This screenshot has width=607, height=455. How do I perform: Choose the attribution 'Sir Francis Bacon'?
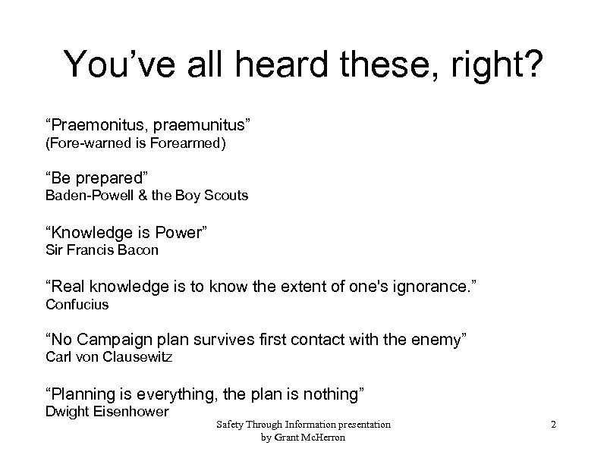click(102, 249)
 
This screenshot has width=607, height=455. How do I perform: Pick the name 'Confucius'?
click(77, 304)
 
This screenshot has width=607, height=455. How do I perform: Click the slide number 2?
click(554, 425)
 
